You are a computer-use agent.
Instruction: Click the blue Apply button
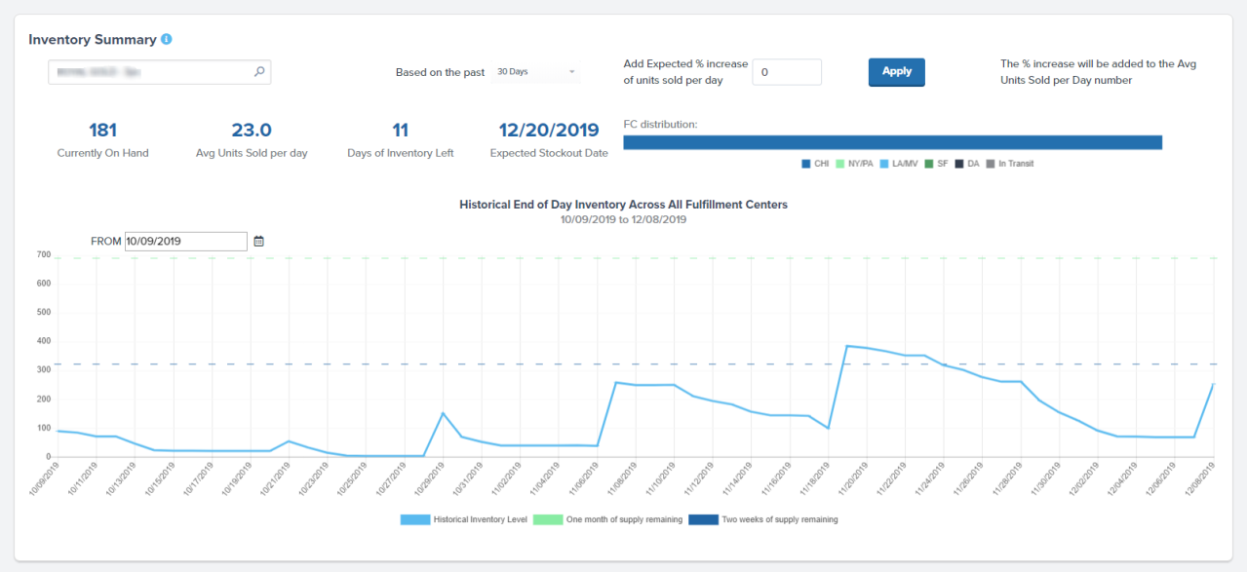(x=896, y=72)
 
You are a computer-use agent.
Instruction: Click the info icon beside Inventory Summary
(x=167, y=40)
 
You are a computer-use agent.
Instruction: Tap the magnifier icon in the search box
(x=259, y=71)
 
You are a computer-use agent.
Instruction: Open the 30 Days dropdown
(x=535, y=72)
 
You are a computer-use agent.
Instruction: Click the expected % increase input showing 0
(x=786, y=72)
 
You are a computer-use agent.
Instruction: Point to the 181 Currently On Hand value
(x=102, y=131)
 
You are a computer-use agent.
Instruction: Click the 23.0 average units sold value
(x=251, y=131)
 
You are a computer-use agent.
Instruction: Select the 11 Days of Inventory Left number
(x=400, y=131)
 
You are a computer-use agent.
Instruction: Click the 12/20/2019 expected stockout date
(x=548, y=131)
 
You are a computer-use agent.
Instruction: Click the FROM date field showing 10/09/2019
(x=185, y=241)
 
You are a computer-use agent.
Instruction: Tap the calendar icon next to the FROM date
(x=259, y=241)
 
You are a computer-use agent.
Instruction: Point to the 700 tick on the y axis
(x=44, y=254)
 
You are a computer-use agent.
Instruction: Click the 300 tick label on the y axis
(x=44, y=370)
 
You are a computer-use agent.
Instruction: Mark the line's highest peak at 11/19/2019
(x=847, y=346)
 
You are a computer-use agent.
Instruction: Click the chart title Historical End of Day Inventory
(x=623, y=205)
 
